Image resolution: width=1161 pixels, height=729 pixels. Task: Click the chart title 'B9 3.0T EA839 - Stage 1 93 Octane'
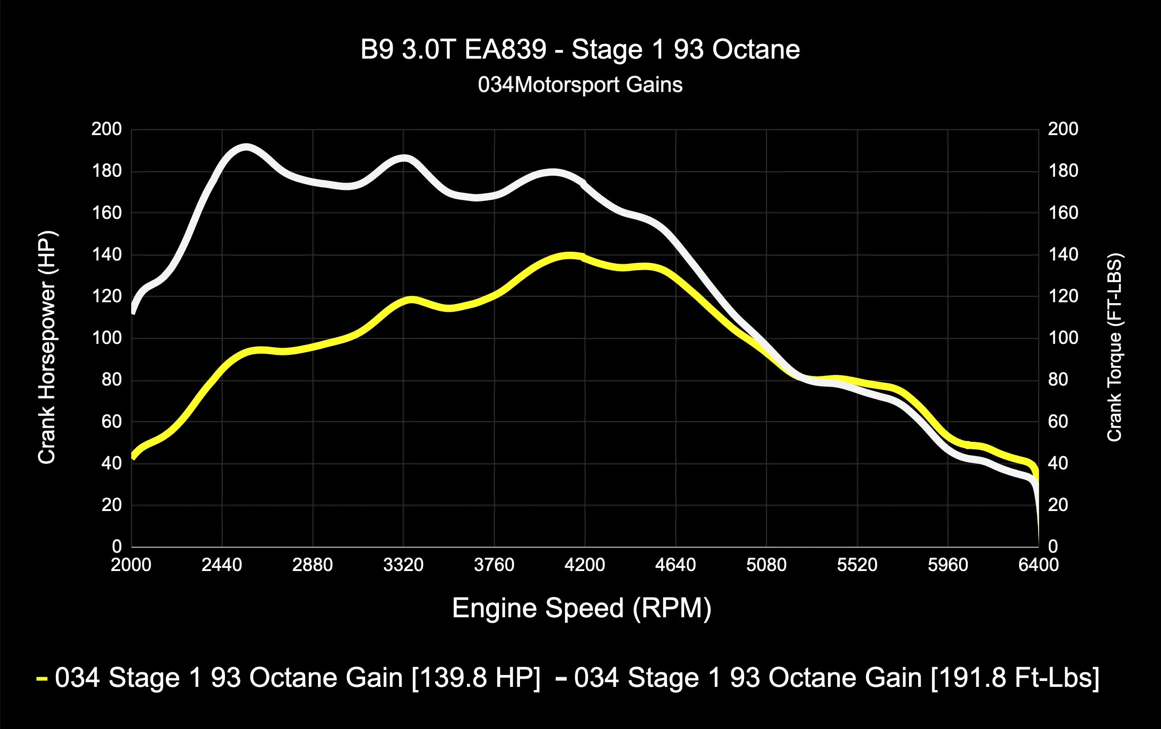click(580, 49)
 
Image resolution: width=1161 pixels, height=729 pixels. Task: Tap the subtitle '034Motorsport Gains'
click(580, 85)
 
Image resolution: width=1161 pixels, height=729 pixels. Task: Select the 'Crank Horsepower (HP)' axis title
click(47, 348)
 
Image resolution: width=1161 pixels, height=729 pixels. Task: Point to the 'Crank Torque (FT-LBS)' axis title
click(1115, 348)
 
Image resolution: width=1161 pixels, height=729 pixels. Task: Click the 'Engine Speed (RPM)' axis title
click(581, 608)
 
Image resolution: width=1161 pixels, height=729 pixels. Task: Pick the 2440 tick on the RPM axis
click(222, 565)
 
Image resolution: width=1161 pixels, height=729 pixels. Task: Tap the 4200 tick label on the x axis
click(584, 565)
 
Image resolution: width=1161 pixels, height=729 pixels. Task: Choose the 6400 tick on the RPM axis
click(1038, 565)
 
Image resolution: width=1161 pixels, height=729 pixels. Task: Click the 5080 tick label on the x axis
click(766, 565)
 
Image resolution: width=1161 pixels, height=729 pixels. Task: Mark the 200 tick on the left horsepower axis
click(107, 129)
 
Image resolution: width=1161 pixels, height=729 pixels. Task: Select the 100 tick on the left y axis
click(107, 338)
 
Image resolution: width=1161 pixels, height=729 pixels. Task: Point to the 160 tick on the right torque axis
click(1063, 212)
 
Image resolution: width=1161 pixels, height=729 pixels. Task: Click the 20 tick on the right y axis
click(1058, 505)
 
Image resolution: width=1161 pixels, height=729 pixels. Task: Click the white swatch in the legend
click(561, 679)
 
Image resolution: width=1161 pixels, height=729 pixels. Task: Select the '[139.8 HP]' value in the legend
click(476, 677)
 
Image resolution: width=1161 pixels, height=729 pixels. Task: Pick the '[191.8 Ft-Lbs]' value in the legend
click(1015, 677)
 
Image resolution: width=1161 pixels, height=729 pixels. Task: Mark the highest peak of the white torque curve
click(246, 147)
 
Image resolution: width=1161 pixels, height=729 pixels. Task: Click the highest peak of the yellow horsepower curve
click(570, 256)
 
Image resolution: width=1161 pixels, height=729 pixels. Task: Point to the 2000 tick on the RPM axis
click(131, 565)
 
